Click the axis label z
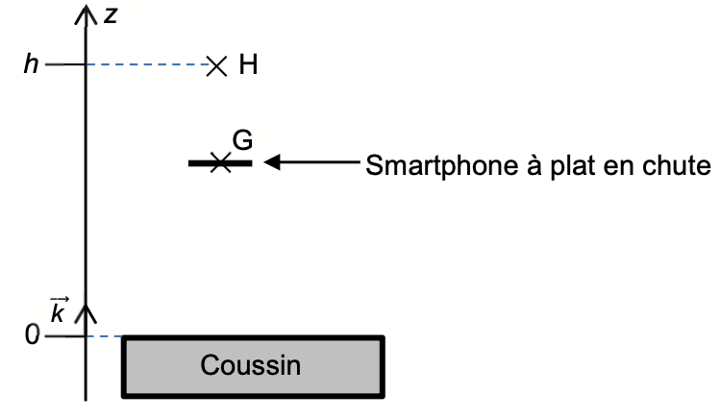tap(112, 16)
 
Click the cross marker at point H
tap(217, 65)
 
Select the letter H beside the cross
tap(249, 65)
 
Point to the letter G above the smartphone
tap(242, 140)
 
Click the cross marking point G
tap(220, 163)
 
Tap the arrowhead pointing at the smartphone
tap(272, 163)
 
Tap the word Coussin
tap(250, 366)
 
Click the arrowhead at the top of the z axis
tap(87, 13)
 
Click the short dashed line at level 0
tap(105, 337)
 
